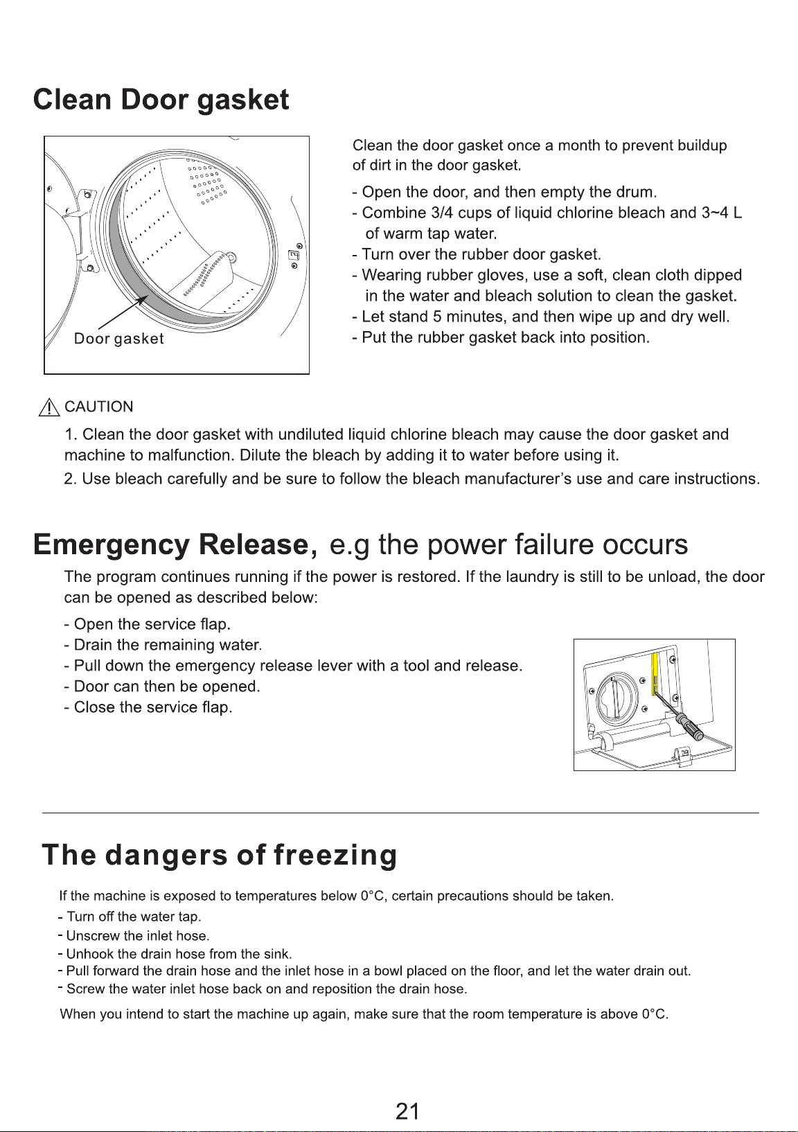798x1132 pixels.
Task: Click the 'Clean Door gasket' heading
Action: pyautogui.click(x=161, y=100)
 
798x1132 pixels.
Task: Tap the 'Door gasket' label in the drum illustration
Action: pyautogui.click(x=118, y=339)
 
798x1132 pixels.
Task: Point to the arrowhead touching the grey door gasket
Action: pyautogui.click(x=143, y=299)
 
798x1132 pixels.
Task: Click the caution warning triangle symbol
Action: pyautogui.click(x=49, y=407)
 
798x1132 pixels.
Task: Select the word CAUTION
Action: pyautogui.click(x=99, y=407)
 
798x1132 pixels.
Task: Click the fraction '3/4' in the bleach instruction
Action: pyautogui.click(x=442, y=213)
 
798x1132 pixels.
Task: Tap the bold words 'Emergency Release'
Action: pyautogui.click(x=171, y=545)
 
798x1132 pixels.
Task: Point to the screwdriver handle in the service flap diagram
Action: pyautogui.click(x=689, y=726)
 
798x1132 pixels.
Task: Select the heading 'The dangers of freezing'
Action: pyautogui.click(x=220, y=855)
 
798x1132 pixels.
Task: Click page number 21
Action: pyautogui.click(x=407, y=1111)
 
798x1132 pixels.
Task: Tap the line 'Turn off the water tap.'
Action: pyautogui.click(x=130, y=917)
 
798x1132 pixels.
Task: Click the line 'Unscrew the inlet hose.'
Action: pyautogui.click(x=134, y=935)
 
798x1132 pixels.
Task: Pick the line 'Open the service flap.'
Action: pyautogui.click(x=147, y=624)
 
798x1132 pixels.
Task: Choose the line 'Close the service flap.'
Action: pyautogui.click(x=148, y=707)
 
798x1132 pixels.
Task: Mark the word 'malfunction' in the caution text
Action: pyautogui.click(x=189, y=455)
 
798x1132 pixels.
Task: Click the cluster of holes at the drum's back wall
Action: pyautogui.click(x=206, y=183)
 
